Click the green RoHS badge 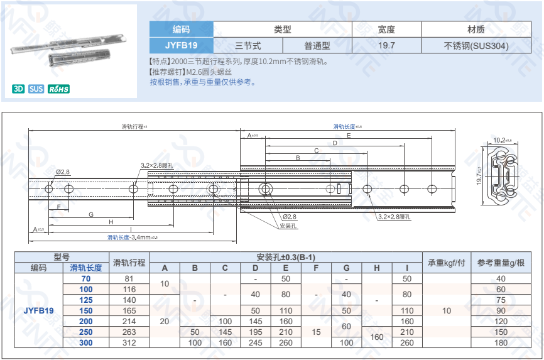(x=59, y=89)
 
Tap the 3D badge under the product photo (x=19, y=89)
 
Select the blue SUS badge (x=36, y=89)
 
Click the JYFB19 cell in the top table (x=181, y=45)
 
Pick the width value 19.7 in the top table (x=386, y=45)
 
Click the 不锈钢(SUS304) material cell (x=476, y=45)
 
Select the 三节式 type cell (x=248, y=45)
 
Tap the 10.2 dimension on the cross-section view (x=501, y=139)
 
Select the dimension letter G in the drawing (x=91, y=215)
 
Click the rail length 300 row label (x=86, y=342)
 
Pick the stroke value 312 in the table (x=129, y=342)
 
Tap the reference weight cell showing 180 (x=501, y=342)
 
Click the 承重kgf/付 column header (x=446, y=262)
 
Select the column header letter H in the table (x=377, y=268)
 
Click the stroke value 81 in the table (x=129, y=278)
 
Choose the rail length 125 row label (x=86, y=300)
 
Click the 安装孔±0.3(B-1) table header (x=286, y=257)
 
